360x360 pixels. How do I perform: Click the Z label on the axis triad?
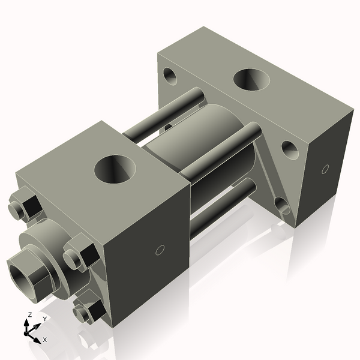30,315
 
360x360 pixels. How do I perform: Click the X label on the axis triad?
45,340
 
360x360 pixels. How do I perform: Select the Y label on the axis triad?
44,319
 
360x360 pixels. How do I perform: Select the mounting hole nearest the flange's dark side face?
290,149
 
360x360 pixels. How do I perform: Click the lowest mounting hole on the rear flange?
281,206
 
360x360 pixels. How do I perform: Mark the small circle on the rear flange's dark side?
325,169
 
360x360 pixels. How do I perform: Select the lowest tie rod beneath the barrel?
222,207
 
